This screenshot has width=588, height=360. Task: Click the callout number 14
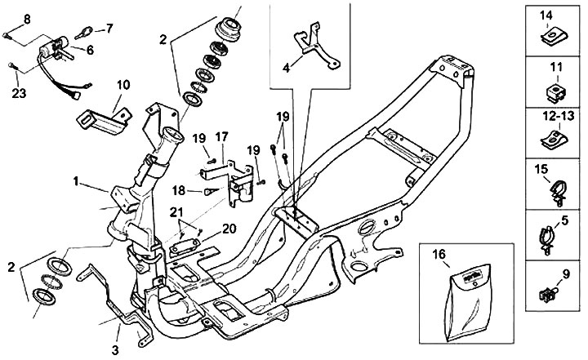[546, 14]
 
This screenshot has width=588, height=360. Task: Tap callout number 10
[122, 84]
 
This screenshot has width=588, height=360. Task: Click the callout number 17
[222, 136]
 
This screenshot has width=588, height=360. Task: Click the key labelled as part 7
[84, 33]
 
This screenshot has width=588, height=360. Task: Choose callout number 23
[19, 93]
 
